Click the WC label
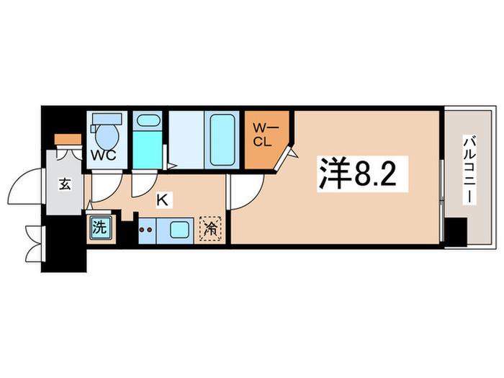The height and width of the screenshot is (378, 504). coord(104,156)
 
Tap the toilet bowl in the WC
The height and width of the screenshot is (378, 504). coord(107,136)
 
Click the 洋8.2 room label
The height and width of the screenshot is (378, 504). coord(362,174)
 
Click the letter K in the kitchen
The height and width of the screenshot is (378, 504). coord(162,201)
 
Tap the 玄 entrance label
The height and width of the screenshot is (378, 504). coord(65,184)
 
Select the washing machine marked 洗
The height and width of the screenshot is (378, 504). coord(100,228)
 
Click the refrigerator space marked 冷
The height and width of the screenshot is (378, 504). coord(210,228)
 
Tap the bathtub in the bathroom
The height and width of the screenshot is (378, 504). coord(222,140)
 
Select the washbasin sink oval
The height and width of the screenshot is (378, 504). coord(148,121)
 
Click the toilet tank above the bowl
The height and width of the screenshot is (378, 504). coord(107,119)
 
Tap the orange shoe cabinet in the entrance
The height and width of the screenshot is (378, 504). coord(68,140)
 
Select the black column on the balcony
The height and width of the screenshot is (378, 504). coord(456,232)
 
